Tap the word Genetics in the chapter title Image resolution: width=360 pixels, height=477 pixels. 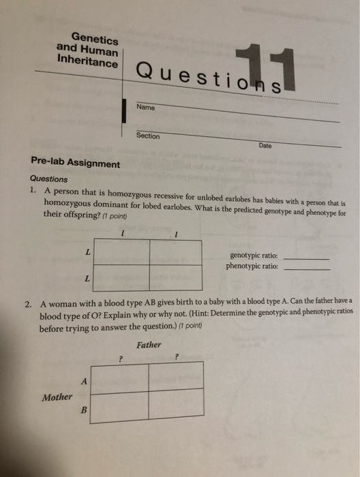click(95, 39)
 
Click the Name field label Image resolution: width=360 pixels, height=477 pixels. click(145, 108)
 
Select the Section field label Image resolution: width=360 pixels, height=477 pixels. click(147, 136)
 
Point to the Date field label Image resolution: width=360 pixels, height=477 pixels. click(265, 145)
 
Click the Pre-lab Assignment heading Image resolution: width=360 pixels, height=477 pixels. click(75, 164)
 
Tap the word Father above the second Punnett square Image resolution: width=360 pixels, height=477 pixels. click(148, 345)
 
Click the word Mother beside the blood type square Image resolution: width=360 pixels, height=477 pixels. click(57, 397)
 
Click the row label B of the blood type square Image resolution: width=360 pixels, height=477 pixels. click(83, 410)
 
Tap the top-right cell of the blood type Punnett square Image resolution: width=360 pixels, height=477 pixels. click(175, 377)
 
